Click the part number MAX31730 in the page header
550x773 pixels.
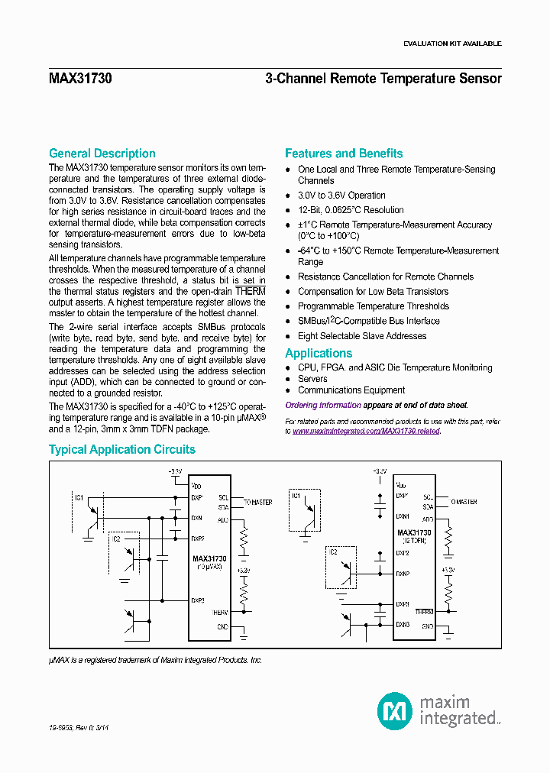[80, 79]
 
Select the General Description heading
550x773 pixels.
[102, 154]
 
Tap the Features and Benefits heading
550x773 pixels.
[344, 154]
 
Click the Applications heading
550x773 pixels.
[319, 354]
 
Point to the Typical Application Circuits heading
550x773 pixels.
[122, 450]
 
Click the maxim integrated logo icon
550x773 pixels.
[394, 710]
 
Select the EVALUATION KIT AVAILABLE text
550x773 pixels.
[452, 44]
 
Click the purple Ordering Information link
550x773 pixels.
[323, 406]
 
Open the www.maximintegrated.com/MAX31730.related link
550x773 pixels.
[366, 432]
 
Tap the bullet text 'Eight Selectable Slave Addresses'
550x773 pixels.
[362, 336]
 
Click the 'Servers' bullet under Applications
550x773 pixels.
[312, 379]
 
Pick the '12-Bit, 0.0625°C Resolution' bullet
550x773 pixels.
[351, 210]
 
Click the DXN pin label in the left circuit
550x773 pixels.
[197, 518]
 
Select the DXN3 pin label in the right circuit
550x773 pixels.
[403, 625]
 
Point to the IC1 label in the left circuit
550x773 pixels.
[79, 497]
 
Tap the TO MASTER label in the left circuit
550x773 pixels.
[257, 503]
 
